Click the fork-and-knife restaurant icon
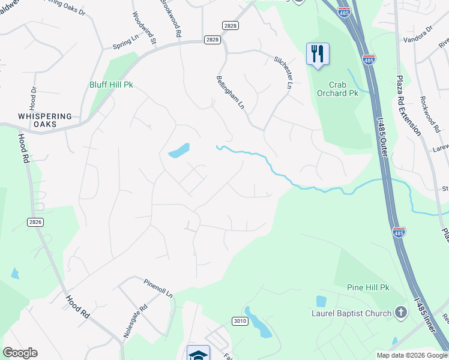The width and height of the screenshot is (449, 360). pyautogui.click(x=318, y=53)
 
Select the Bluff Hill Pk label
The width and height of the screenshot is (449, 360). pyautogui.click(x=110, y=85)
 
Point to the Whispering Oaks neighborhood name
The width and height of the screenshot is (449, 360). pyautogui.click(x=45, y=120)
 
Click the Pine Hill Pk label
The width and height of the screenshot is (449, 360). pyautogui.click(x=368, y=288)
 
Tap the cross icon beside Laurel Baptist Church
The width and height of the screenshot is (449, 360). pyautogui.click(x=401, y=313)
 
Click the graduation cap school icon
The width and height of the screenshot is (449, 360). pyautogui.click(x=198, y=355)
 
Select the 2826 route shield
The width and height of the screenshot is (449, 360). pyautogui.click(x=35, y=222)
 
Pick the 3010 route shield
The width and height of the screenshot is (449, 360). pyautogui.click(x=240, y=321)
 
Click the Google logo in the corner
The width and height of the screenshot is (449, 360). pyautogui.click(x=20, y=353)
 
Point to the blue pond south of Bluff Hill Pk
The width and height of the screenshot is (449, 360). pyautogui.click(x=179, y=150)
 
